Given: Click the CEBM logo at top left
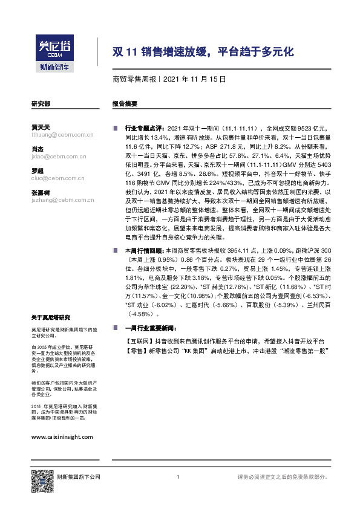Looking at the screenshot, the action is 54,53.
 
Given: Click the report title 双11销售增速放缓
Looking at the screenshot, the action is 203,52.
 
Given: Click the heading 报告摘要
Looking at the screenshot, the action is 125,104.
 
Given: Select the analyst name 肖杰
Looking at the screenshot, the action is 38,149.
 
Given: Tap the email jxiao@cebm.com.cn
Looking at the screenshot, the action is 57,156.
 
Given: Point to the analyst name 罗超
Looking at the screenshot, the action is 38,170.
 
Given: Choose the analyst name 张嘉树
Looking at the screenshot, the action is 41,192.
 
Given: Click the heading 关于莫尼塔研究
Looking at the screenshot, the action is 51,317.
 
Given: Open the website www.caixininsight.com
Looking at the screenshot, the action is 62,436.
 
